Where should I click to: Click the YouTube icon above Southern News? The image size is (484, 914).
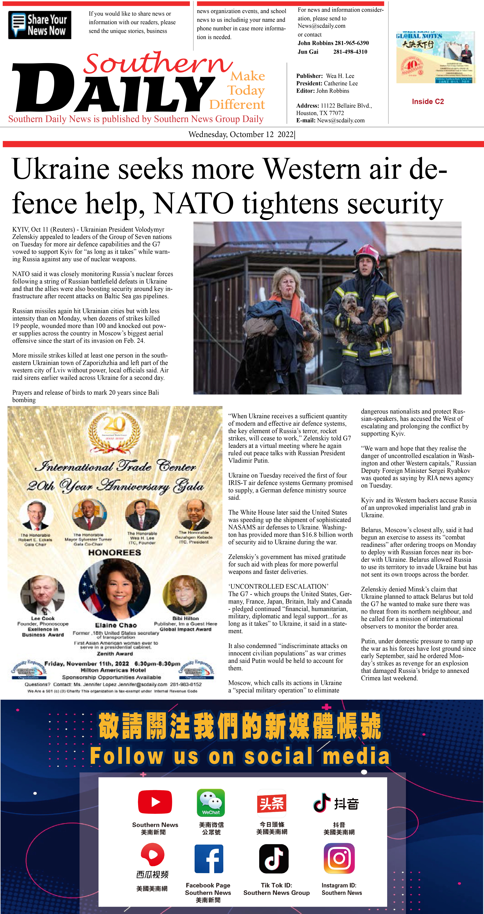tap(155, 802)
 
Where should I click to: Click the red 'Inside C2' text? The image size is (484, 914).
tap(428, 101)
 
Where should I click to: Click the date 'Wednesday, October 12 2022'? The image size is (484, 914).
tap(241, 134)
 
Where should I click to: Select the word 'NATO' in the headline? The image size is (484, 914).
tap(193, 203)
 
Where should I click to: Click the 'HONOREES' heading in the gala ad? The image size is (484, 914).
tap(115, 553)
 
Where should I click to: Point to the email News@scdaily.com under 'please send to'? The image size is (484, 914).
tap(321, 26)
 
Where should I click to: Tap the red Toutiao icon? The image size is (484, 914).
tap(272, 803)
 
